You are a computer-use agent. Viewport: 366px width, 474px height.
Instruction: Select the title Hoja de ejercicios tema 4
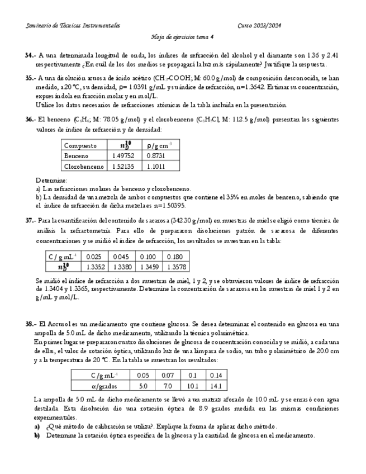click(183, 37)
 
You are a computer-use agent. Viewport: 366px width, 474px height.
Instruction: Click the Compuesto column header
click(80, 145)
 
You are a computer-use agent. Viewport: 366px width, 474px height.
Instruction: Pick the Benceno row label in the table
click(77, 156)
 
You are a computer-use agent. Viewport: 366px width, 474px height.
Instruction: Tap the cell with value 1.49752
click(122, 156)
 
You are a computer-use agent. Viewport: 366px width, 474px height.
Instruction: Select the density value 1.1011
click(155, 166)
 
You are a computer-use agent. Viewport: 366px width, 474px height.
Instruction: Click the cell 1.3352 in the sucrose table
click(92, 267)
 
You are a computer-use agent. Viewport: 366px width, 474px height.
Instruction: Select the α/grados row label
click(103, 386)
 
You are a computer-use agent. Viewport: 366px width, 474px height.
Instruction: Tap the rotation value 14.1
click(216, 386)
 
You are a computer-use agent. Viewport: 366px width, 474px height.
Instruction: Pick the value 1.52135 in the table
click(122, 166)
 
